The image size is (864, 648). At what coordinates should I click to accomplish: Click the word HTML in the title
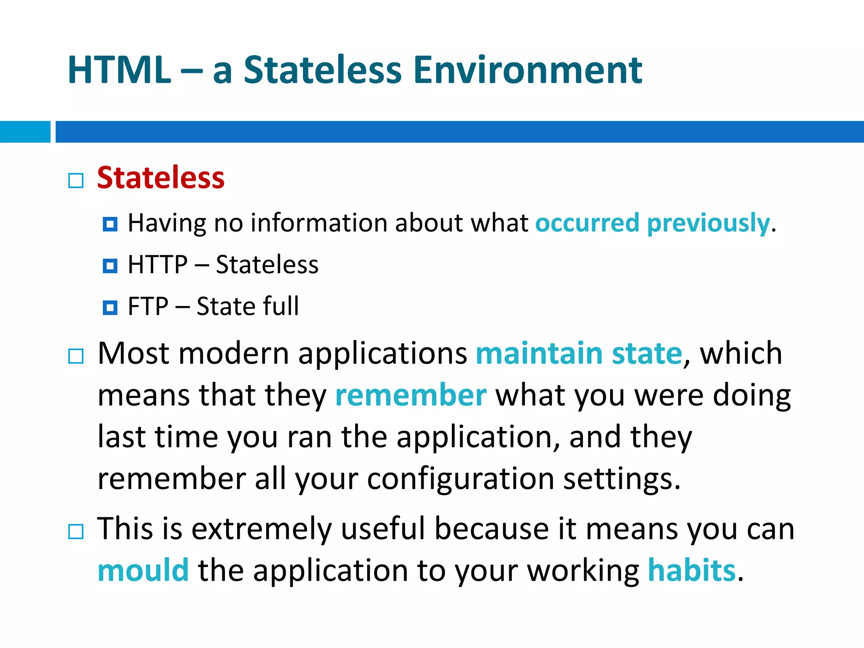pos(119,70)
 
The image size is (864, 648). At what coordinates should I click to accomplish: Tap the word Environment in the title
pos(527,70)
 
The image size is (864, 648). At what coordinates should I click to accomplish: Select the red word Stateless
pos(161,178)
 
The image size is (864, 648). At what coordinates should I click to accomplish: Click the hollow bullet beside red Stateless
pos(76,181)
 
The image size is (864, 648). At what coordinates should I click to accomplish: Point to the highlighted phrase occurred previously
pos(652,223)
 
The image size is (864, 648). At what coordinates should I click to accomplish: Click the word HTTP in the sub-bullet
pos(157,265)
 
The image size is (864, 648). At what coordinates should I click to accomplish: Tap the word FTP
pos(148,306)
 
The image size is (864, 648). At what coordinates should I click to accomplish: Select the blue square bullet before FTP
pos(110,308)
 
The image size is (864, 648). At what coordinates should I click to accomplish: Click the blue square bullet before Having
pos(110,224)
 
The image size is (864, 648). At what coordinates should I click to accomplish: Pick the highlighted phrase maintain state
pos(579,354)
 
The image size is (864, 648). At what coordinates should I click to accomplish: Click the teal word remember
pos(410,395)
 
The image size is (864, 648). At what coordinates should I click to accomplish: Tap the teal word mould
pos(143,570)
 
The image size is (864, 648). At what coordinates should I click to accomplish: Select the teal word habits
pos(691,570)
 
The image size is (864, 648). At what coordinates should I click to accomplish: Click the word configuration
pos(460,479)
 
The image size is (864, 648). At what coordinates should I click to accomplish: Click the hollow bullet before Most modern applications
pos(76,356)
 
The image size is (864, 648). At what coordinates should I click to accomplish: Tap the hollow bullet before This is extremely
pos(76,532)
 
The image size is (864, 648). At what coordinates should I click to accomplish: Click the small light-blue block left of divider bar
pos(25,132)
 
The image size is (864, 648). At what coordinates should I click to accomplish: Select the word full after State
pos(281,306)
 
